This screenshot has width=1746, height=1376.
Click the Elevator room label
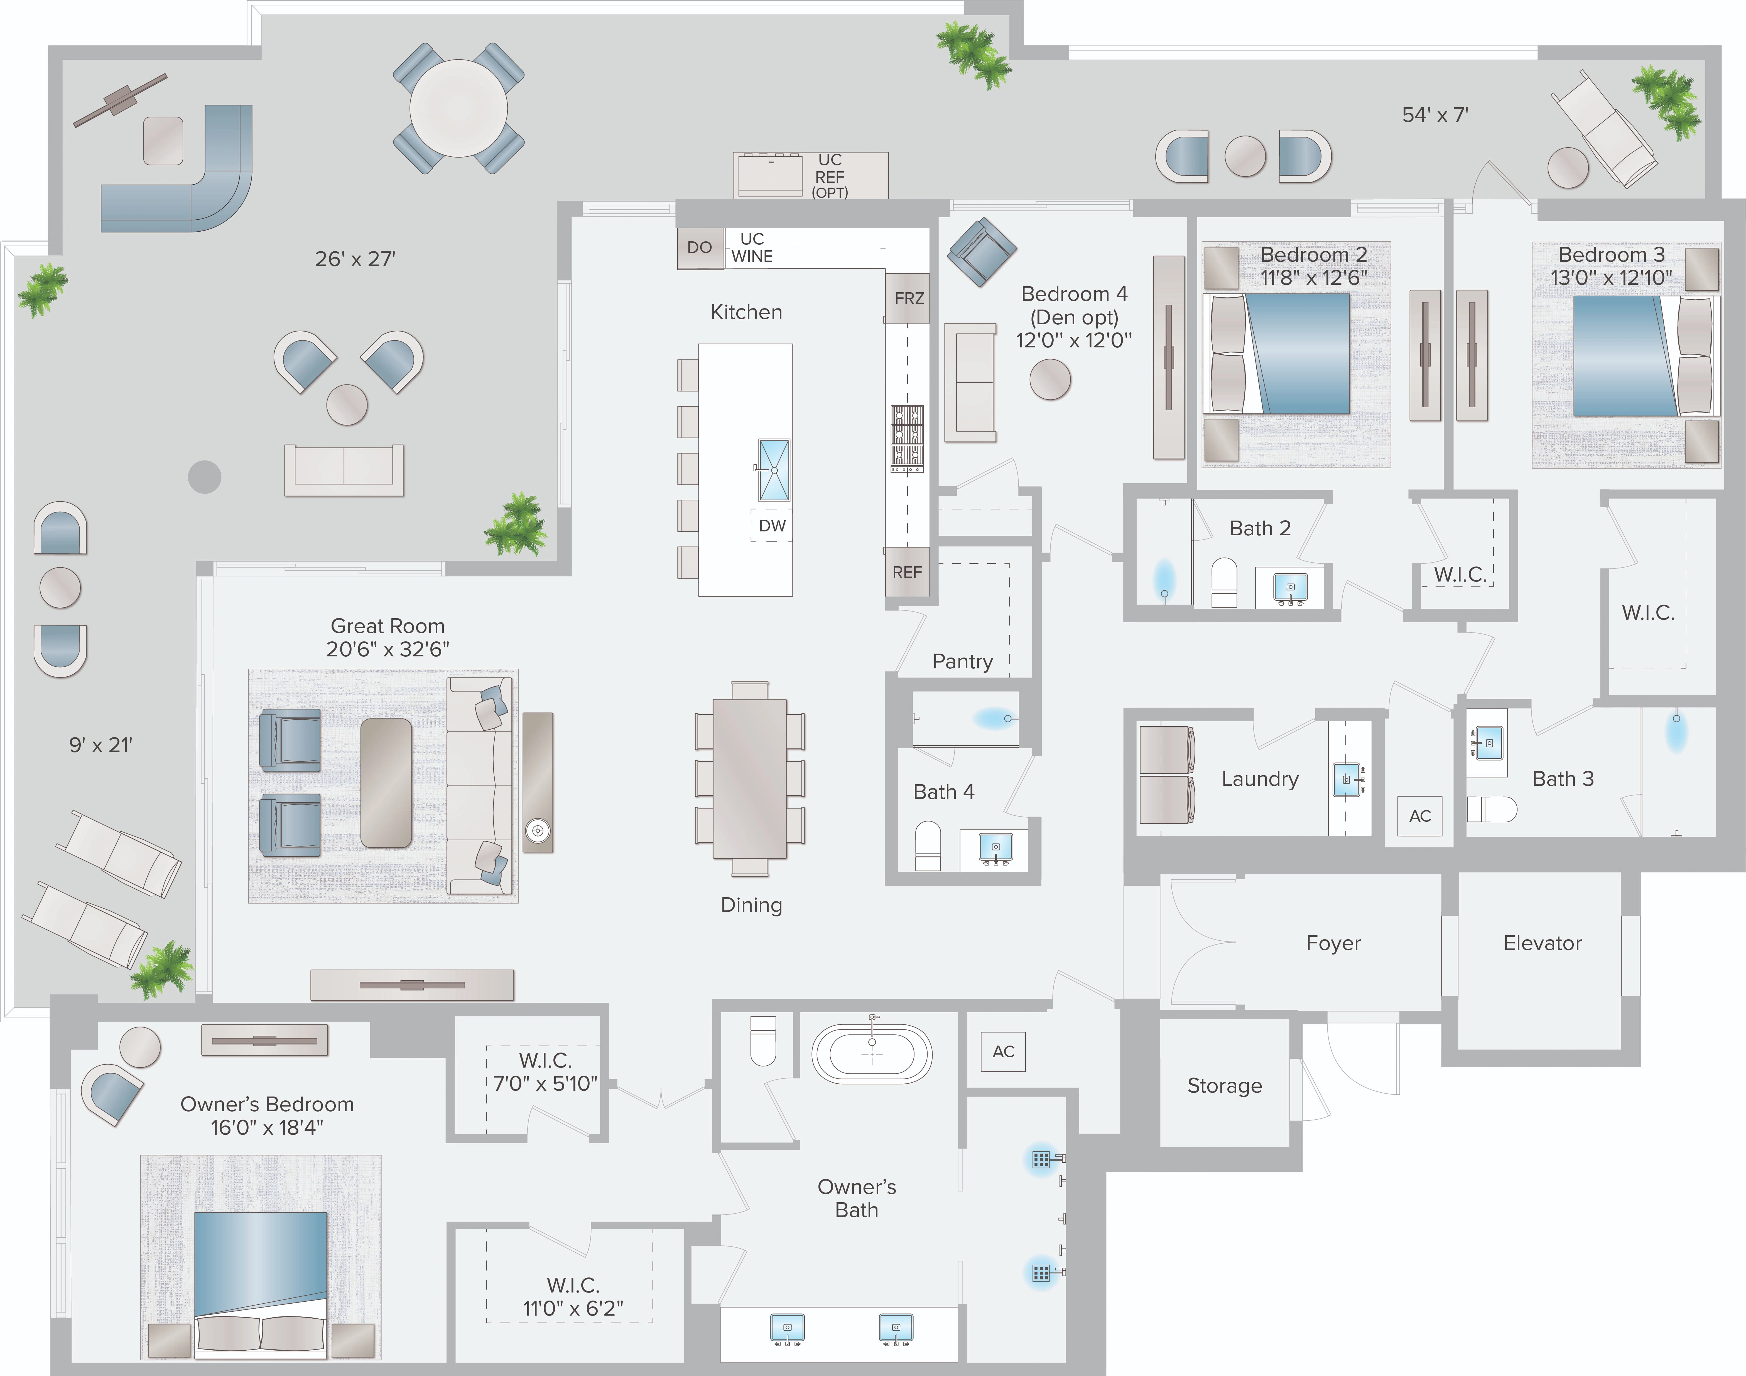(1542, 943)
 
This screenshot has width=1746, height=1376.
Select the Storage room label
(1224, 1086)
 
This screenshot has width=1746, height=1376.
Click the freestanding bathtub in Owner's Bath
(872, 1053)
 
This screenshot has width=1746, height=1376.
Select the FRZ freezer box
(908, 298)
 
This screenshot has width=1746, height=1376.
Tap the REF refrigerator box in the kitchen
(906, 572)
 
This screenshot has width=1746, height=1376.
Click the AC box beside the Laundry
(1420, 816)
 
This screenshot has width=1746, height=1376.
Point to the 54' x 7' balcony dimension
(1435, 115)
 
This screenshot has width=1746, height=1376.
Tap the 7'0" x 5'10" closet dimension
(545, 1083)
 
